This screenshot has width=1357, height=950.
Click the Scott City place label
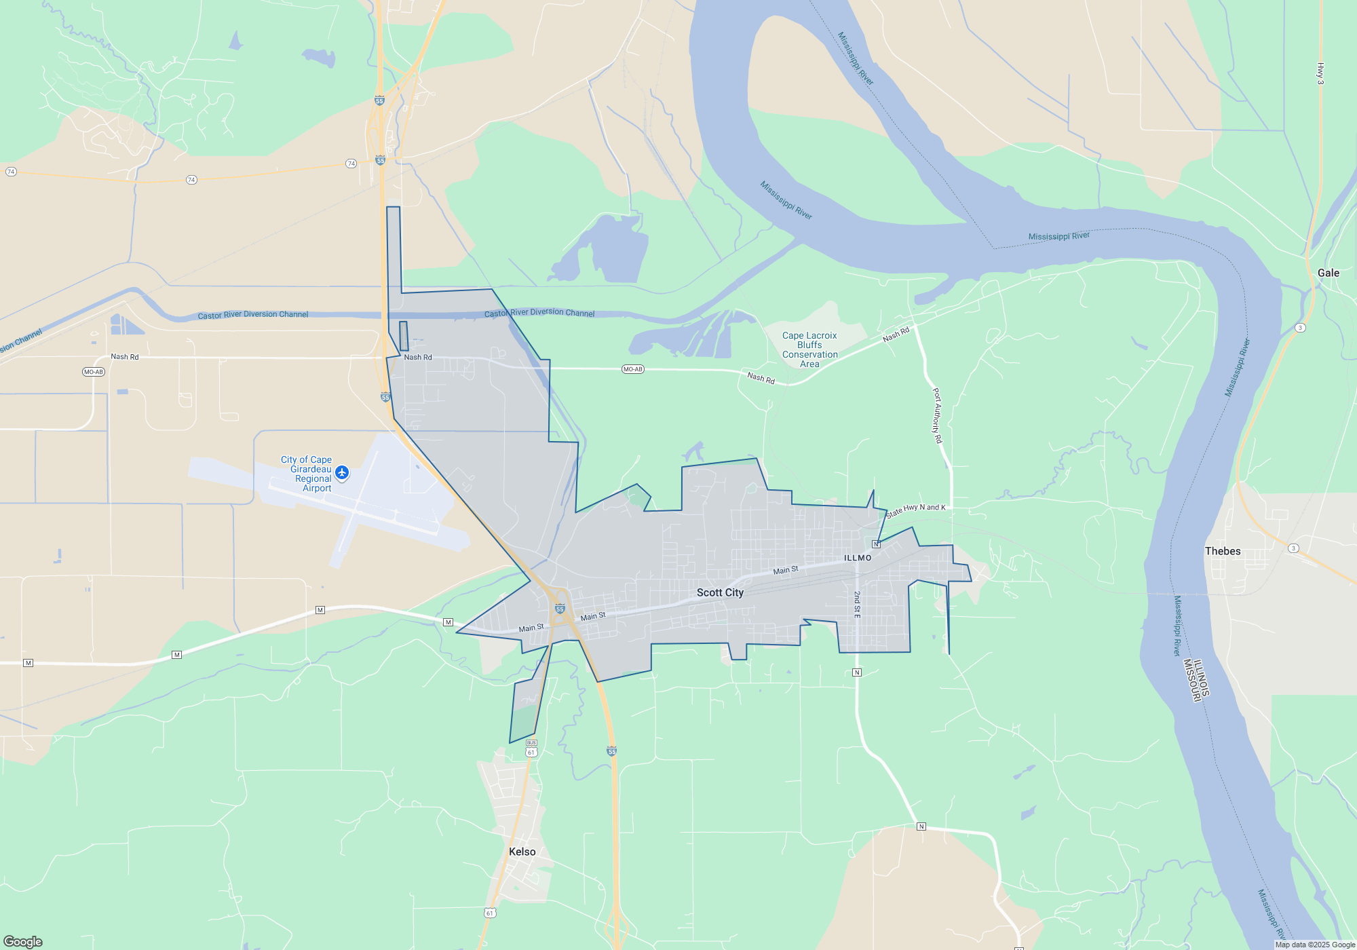(720, 592)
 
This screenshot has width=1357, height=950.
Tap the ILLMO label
(858, 558)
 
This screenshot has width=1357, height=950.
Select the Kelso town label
(522, 852)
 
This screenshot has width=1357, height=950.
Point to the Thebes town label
(1223, 551)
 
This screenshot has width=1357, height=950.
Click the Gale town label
(1328, 273)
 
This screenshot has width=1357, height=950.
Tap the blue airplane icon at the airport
(342, 472)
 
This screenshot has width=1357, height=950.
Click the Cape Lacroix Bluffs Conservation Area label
(809, 349)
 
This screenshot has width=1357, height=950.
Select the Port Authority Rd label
(937, 415)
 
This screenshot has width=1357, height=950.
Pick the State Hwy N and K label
(915, 510)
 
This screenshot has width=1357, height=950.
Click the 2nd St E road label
(857, 604)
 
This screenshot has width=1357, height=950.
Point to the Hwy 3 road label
(1320, 73)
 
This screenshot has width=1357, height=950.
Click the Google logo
(23, 941)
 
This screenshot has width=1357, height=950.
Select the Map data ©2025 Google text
(1315, 945)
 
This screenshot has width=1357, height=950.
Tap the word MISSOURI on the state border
(1188, 680)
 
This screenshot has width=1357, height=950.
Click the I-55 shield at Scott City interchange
(560, 609)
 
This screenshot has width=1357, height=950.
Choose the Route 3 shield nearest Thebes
(1293, 548)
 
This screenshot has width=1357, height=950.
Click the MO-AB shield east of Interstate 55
(632, 369)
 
